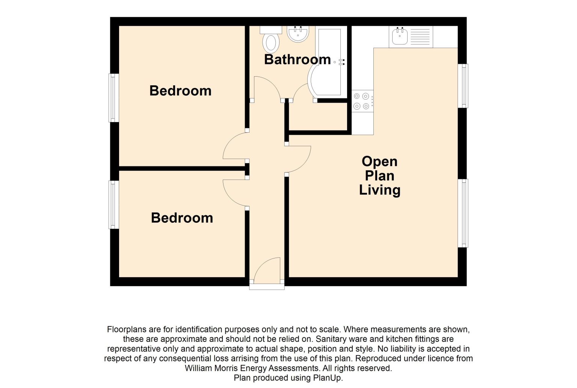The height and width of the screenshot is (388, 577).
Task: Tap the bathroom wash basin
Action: coord(298,33)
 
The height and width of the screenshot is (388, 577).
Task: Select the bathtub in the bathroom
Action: coord(327,62)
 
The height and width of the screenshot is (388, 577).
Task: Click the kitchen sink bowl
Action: coord(400,36)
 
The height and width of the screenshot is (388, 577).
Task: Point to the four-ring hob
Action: coord(363,101)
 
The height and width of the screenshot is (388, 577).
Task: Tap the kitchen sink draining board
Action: coord(420,36)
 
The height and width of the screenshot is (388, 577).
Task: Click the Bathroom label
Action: coord(298,59)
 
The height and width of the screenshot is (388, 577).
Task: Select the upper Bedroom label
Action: coord(180,91)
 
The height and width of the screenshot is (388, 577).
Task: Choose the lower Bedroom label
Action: coord(182,218)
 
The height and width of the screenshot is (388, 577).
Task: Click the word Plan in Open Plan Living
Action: coord(380,176)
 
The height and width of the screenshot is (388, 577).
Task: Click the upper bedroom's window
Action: coord(113,98)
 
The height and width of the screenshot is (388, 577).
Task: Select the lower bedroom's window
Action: coord(113,205)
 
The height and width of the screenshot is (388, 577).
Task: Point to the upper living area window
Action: coord(463,86)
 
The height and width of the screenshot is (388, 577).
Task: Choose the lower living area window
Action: coord(463,213)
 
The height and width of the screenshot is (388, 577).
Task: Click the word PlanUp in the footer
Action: coord(328,378)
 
